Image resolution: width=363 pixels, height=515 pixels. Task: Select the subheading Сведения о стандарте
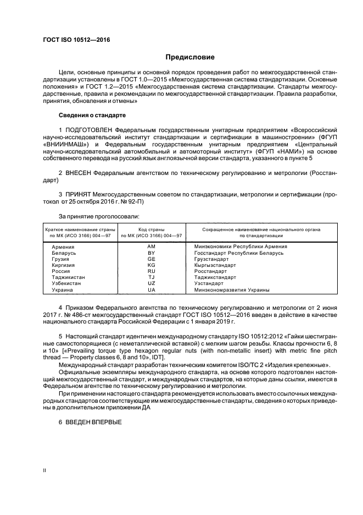click(92, 116)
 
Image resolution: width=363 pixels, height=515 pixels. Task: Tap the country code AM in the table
click(152, 246)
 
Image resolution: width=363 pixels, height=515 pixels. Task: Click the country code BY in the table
click(152, 253)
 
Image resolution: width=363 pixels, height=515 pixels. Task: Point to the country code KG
click(152, 265)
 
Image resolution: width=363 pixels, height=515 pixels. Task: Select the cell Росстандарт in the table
click(210, 271)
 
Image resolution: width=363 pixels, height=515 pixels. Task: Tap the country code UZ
click(152, 283)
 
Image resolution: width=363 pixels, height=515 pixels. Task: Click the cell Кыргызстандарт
click(214, 265)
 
